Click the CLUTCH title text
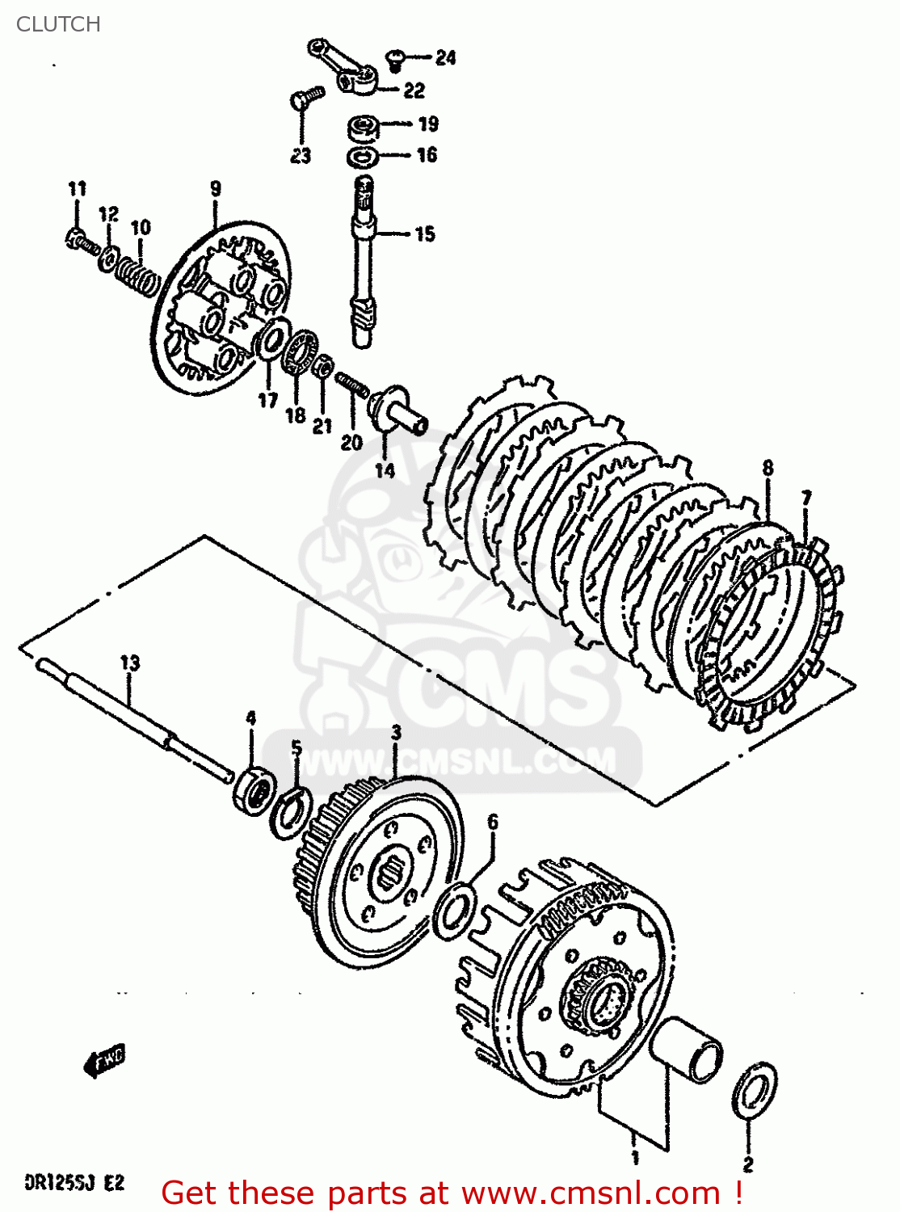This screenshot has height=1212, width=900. pos(58,24)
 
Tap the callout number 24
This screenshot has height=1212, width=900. pos(445,57)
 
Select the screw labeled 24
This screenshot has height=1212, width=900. pos(396,57)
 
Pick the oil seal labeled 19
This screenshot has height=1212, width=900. pos(364,128)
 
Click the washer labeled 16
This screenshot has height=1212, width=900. pos(362,155)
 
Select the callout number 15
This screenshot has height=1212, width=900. pos(425,234)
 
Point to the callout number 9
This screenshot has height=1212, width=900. pos(215,189)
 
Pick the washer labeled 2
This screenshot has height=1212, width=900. pos(755,1091)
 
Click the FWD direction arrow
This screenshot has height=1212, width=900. pos(105,1061)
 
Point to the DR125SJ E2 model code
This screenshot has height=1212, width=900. pos(74,1183)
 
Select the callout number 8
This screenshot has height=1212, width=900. pos(768,468)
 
